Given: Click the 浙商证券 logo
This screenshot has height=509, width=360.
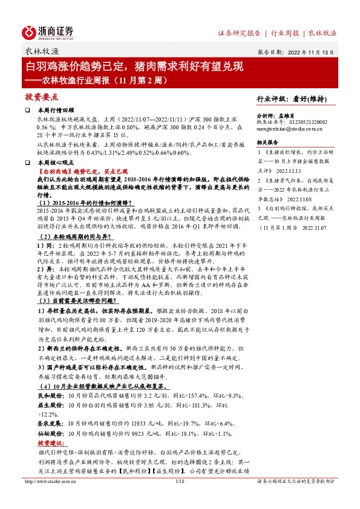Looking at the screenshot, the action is coord(48,31).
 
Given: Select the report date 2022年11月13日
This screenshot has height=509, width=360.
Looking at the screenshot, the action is coord(308,52).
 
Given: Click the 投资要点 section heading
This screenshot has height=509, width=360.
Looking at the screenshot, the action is coord(42,97).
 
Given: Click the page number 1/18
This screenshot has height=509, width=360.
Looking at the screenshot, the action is coord(180,498).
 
